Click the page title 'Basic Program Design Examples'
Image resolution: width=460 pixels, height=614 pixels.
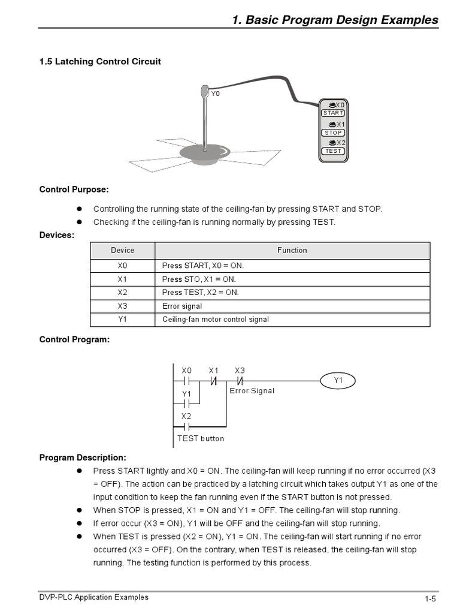pyautogui.click(x=335, y=20)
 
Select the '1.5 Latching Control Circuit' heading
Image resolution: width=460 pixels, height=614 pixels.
pyautogui.click(x=100, y=62)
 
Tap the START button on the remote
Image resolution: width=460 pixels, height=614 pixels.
pyautogui.click(x=333, y=113)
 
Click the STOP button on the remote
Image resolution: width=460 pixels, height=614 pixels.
pyautogui.click(x=333, y=133)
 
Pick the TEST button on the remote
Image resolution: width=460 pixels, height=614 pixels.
pyautogui.click(x=333, y=151)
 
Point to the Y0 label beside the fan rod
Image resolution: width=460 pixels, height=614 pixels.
pyautogui.click(x=216, y=94)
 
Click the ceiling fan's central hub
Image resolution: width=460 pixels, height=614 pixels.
pyautogui.click(x=204, y=153)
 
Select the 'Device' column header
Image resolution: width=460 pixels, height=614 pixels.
pyautogui.click(x=122, y=250)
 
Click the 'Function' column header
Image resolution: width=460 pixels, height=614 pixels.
pyautogui.click(x=292, y=250)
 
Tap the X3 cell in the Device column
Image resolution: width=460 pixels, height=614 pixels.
pyautogui.click(x=122, y=306)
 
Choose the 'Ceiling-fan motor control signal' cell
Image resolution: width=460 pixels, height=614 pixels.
pyautogui.click(x=216, y=320)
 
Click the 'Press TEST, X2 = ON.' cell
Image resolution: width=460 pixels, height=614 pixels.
pyautogui.click(x=200, y=293)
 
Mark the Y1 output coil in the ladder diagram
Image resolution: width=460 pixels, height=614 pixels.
pyautogui.click(x=338, y=381)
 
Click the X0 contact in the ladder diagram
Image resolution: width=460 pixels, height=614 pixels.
pyautogui.click(x=186, y=381)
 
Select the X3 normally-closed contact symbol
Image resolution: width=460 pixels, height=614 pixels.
pyautogui.click(x=240, y=381)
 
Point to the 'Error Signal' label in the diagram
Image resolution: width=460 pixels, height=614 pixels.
pyautogui.click(x=252, y=391)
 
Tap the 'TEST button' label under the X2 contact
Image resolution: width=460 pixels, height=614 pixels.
pyautogui.click(x=201, y=438)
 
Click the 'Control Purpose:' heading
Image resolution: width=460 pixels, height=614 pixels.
pyautogui.click(x=74, y=189)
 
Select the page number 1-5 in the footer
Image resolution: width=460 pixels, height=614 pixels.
pyautogui.click(x=430, y=599)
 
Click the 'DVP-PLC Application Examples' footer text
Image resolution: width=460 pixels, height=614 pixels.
pyautogui.click(x=94, y=597)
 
